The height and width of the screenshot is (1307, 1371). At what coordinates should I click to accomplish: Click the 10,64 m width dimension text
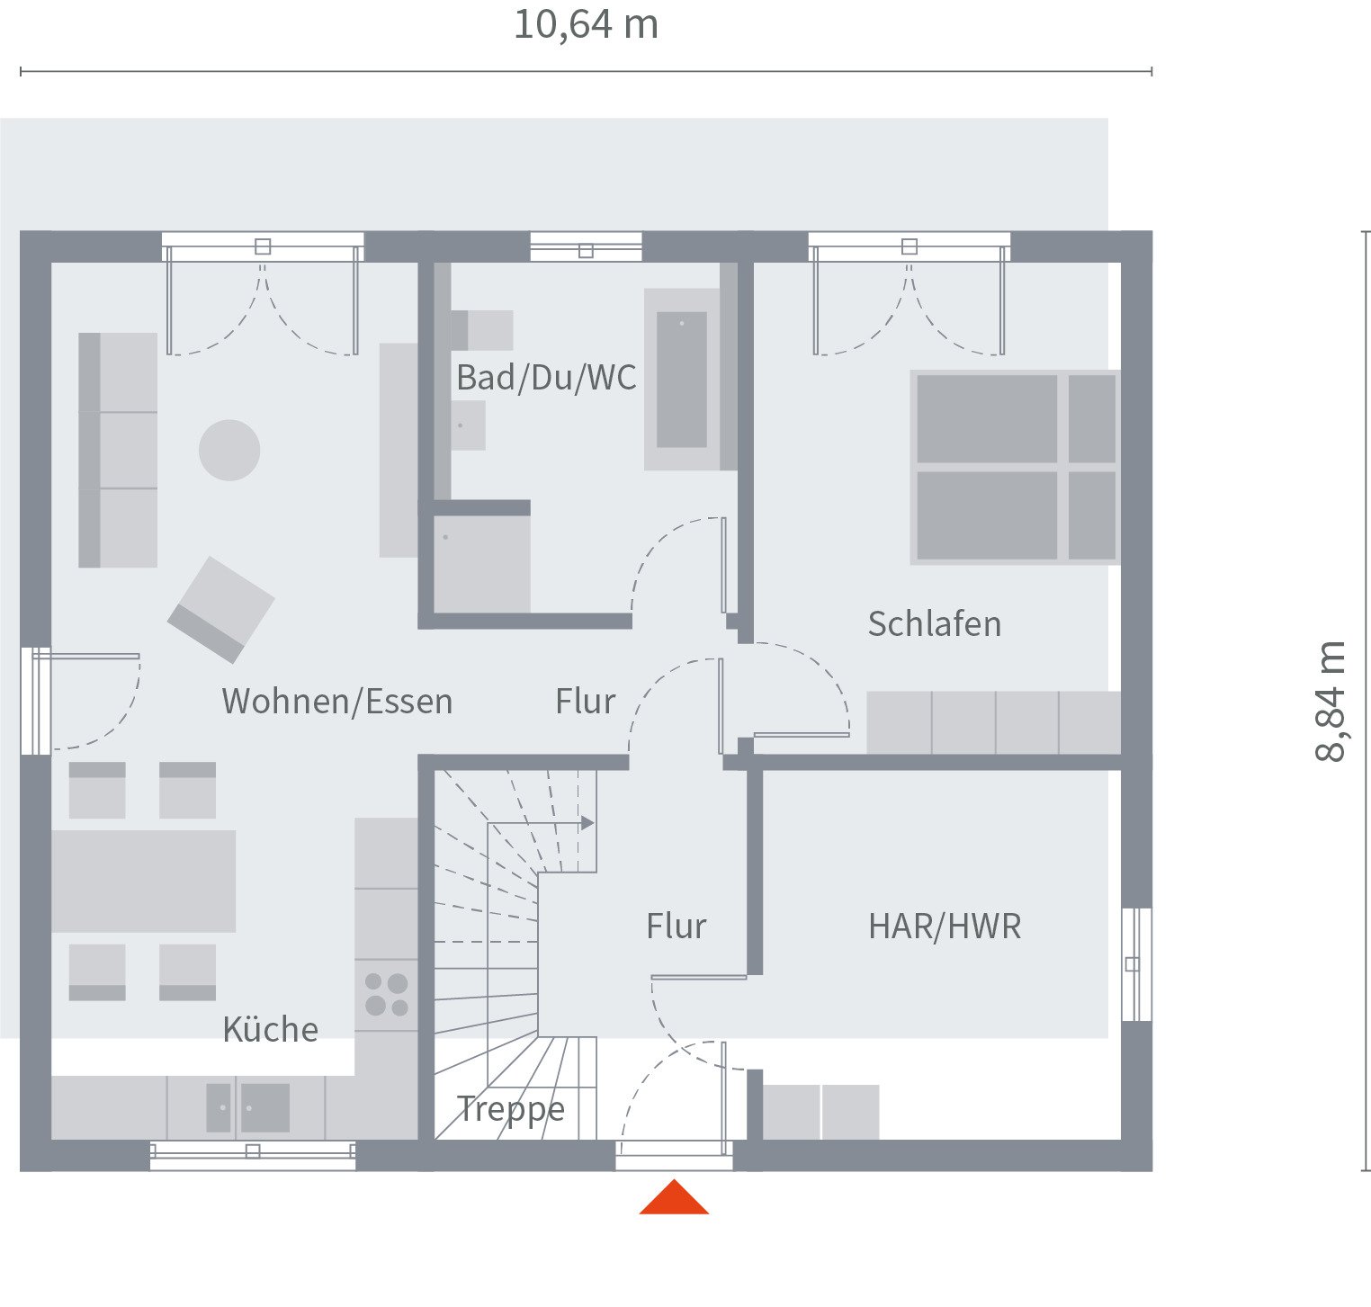(x=586, y=25)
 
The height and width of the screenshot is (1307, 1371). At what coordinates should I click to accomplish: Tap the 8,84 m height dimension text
(x=1331, y=702)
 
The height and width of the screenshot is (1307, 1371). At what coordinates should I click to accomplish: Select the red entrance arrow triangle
(x=674, y=1199)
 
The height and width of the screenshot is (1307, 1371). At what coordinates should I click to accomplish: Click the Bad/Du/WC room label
(x=546, y=378)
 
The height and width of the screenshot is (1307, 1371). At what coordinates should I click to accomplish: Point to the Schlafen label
(x=934, y=623)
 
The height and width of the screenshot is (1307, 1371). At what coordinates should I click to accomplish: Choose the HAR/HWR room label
(x=945, y=927)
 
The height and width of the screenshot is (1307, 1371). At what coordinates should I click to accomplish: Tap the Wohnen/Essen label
(x=337, y=702)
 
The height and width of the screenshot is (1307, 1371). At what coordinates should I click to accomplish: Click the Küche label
(x=270, y=1029)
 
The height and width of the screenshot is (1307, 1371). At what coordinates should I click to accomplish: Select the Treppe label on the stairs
(x=511, y=1109)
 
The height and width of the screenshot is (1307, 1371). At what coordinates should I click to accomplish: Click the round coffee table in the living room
(x=229, y=450)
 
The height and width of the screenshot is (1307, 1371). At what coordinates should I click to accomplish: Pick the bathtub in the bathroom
(x=682, y=380)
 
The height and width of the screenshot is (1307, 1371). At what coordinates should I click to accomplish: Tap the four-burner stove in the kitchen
(x=387, y=995)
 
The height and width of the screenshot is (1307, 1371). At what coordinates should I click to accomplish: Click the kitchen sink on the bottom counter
(x=248, y=1107)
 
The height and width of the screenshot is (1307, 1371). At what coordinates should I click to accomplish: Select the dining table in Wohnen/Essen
(x=144, y=881)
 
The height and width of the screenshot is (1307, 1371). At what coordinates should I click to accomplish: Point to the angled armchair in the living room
(x=221, y=609)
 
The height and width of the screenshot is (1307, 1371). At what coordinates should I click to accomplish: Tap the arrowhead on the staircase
(x=587, y=823)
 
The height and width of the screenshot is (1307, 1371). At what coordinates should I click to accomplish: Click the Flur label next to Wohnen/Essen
(x=585, y=702)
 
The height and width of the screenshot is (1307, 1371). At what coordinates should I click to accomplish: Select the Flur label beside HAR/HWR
(x=677, y=927)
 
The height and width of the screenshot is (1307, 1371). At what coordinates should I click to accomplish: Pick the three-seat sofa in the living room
(x=118, y=450)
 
